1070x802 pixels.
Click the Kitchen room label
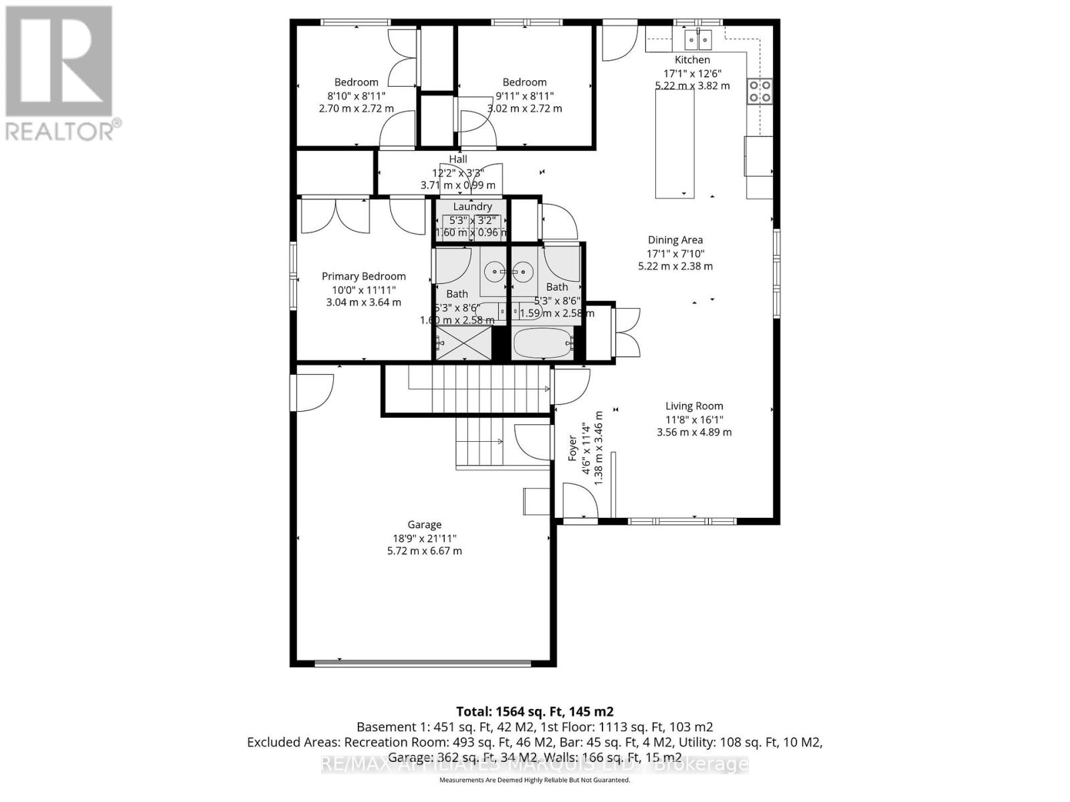coord(692,60)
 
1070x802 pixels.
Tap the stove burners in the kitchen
coord(759,91)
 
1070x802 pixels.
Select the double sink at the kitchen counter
coord(698,40)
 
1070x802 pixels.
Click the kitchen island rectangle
coord(675,143)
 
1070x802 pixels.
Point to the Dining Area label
coord(675,240)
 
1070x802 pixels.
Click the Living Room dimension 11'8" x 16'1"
coord(694,420)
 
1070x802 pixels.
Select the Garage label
coord(425,525)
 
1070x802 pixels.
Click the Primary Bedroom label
coord(364,277)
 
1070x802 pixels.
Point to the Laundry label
coord(472,207)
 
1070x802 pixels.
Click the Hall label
coord(458,159)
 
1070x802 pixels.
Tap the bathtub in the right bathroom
coord(542,344)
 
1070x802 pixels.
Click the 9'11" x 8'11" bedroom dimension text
coord(524,96)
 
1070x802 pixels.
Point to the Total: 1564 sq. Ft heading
coord(534,712)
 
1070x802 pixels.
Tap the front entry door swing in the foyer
coord(580,501)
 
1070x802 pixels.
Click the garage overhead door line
coord(423,664)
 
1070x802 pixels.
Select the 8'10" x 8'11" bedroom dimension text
coord(356,96)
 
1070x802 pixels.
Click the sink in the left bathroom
coord(495,271)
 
